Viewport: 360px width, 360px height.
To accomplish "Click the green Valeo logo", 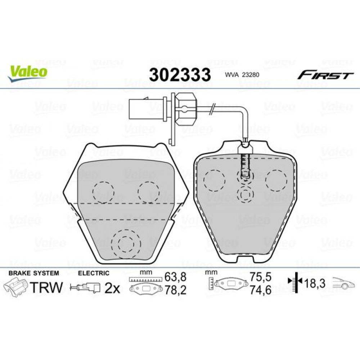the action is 28,73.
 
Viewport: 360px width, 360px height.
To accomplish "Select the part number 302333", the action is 180,75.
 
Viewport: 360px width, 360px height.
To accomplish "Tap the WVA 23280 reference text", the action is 242,75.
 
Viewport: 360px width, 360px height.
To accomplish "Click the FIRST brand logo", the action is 325,75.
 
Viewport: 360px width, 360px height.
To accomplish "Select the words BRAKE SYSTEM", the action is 34,273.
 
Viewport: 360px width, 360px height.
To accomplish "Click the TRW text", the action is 46,287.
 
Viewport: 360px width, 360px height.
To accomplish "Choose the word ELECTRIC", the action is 94,273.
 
